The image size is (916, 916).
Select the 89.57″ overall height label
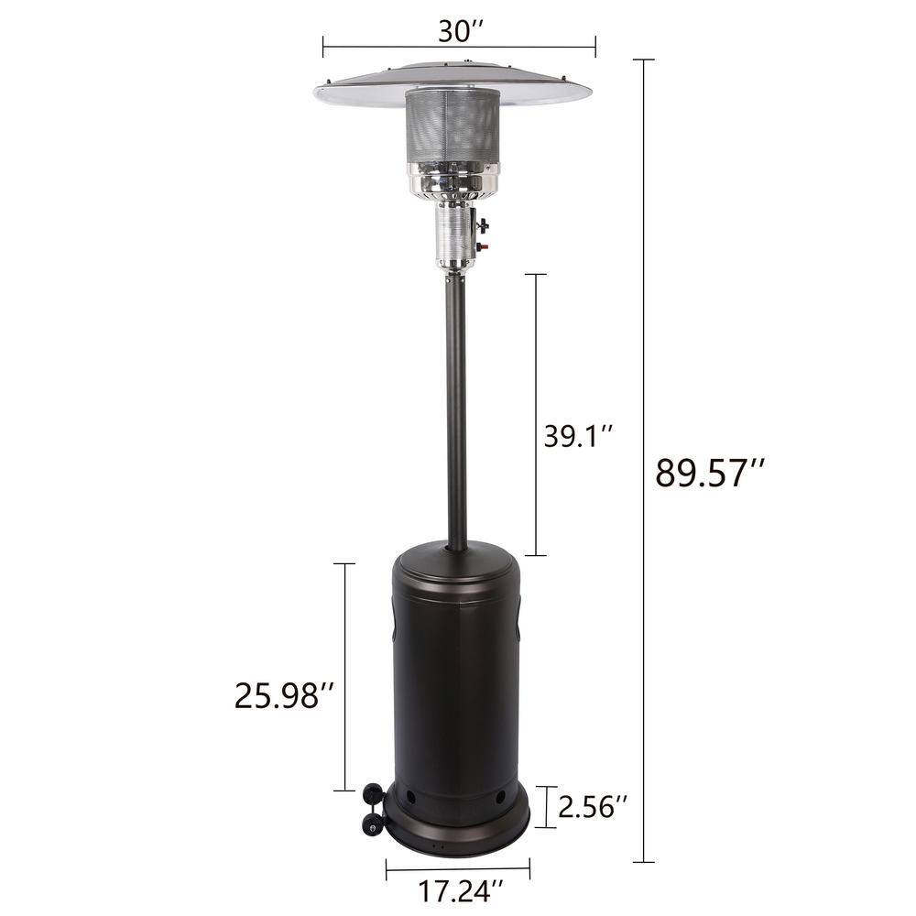point(710,474)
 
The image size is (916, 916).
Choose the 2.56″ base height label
point(594,807)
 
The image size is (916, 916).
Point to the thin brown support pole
point(456,412)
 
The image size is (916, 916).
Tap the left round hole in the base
point(409,798)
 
